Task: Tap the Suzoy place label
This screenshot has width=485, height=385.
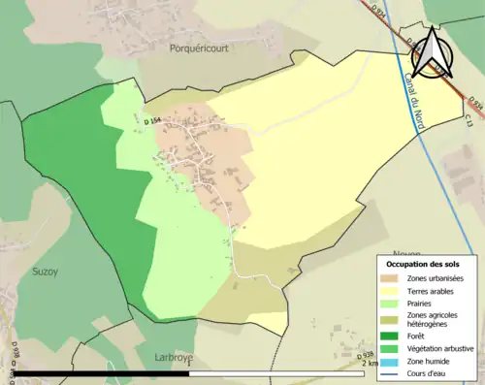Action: pos(45,272)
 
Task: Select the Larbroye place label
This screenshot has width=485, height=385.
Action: pos(175,357)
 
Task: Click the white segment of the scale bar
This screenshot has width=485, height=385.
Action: pos(281,372)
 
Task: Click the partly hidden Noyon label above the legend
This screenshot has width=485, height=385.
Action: pos(379,247)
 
